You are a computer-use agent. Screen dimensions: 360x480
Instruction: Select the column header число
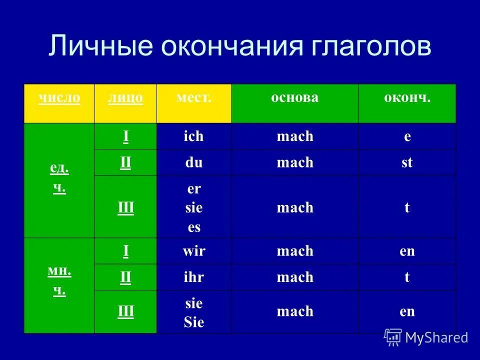pyautogui.click(x=59, y=98)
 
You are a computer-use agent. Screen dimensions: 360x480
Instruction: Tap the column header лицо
pyautogui.click(x=125, y=98)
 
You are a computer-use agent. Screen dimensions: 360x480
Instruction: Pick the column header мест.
pyautogui.click(x=193, y=97)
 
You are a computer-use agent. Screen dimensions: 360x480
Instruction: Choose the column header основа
pyautogui.click(x=294, y=97)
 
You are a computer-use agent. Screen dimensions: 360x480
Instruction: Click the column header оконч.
pyautogui.click(x=407, y=97)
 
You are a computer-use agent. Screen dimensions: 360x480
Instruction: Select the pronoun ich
pyautogui.click(x=193, y=136)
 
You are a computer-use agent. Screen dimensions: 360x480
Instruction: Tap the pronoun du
pyautogui.click(x=193, y=162)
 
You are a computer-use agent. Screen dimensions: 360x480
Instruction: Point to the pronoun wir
pyautogui.click(x=193, y=251)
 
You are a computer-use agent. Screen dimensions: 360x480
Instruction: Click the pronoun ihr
pyautogui.click(x=193, y=277)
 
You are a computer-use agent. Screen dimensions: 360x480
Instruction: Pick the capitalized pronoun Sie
pyautogui.click(x=193, y=322)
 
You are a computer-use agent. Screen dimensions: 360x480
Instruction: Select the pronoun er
pyautogui.click(x=193, y=189)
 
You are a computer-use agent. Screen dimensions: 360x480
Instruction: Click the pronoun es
pyautogui.click(x=193, y=227)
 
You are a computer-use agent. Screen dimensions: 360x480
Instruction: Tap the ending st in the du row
pyautogui.click(x=407, y=162)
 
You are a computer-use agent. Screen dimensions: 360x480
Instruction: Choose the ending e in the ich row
pyautogui.click(x=407, y=136)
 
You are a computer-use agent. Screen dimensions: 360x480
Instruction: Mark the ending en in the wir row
pyautogui.click(x=407, y=251)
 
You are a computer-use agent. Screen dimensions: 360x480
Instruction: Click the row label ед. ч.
pyautogui.click(x=59, y=179)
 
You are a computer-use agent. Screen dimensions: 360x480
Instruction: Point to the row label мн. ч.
pyautogui.click(x=59, y=281)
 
